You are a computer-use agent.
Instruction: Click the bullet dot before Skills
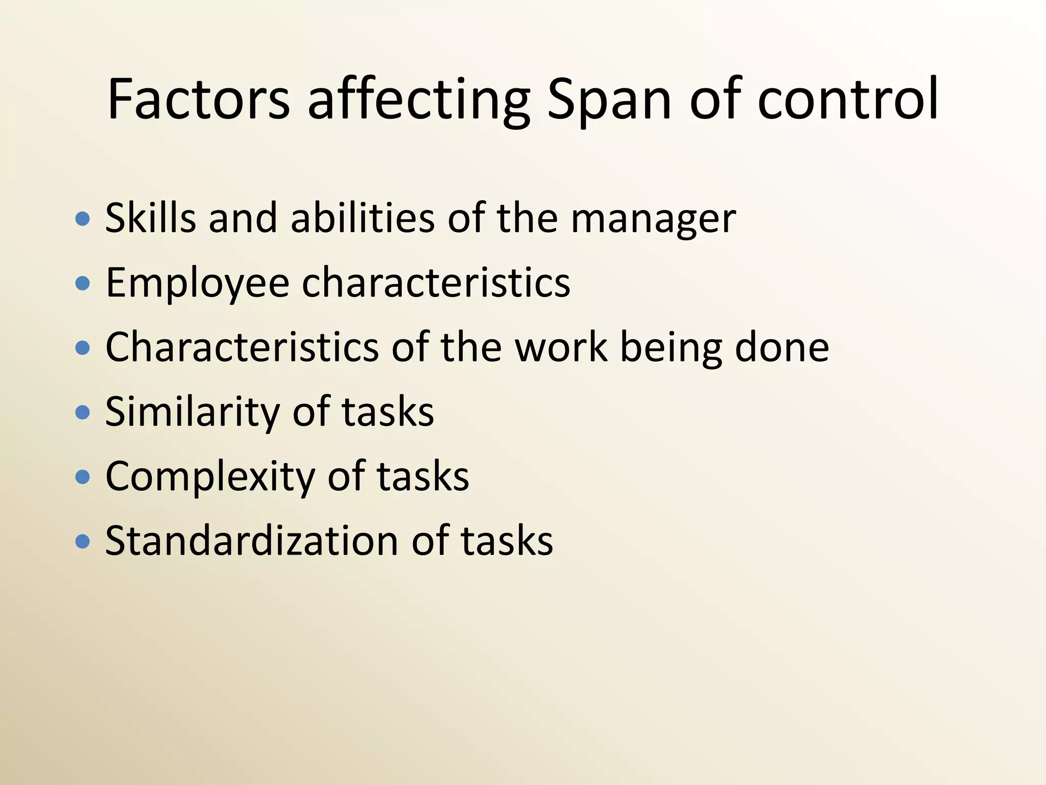point(82,219)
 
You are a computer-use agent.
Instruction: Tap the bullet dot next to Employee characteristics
point(82,284)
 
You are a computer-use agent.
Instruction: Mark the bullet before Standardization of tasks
point(82,541)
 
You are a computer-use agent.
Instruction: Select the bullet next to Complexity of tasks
point(82,477)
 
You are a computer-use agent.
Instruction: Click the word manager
point(653,220)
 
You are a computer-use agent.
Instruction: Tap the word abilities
point(362,218)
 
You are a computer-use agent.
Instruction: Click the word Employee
point(198,284)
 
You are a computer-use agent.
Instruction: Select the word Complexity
point(210,478)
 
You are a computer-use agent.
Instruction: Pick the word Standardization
point(251,541)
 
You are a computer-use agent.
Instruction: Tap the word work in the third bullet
point(562,348)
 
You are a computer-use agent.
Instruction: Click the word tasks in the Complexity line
point(423,477)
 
